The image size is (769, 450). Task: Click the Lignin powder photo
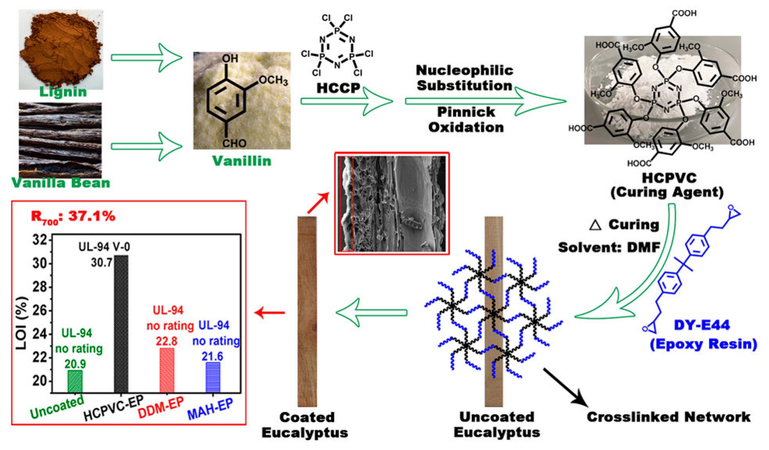[61, 49]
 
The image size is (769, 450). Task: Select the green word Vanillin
[242, 161]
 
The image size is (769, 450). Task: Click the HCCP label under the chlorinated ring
[338, 88]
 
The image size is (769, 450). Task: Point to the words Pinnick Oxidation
[466, 120]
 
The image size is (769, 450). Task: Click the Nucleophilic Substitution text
[464, 78]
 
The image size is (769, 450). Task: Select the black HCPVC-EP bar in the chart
[121, 324]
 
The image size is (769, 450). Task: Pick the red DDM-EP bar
[167, 370]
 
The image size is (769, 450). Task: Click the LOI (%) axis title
[22, 323]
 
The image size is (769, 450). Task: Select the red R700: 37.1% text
[73, 216]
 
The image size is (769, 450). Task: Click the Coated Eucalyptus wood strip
[307, 311]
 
